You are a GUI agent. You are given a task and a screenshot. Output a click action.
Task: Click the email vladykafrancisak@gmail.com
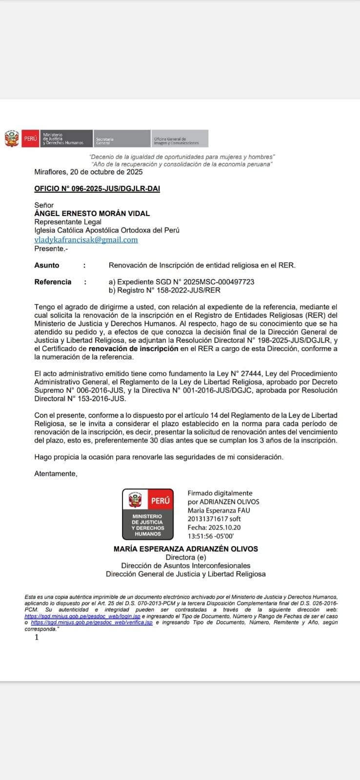click(x=86, y=240)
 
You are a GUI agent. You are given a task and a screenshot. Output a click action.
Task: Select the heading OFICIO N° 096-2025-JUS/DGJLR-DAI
click(x=97, y=189)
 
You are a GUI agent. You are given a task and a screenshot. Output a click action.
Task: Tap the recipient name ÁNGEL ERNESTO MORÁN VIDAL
click(x=92, y=214)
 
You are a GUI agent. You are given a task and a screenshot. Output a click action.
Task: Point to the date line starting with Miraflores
click(x=88, y=172)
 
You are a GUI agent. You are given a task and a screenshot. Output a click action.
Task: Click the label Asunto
click(x=47, y=265)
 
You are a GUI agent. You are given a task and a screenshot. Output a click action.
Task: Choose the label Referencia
click(x=53, y=282)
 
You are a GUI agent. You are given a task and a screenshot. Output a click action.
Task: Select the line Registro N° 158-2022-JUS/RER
click(x=164, y=291)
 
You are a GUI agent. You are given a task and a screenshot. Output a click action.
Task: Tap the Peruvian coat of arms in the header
click(x=12, y=138)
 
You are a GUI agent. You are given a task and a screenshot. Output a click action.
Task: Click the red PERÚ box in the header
click(x=30, y=138)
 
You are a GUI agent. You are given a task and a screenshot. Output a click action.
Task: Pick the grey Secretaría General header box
click(x=121, y=138)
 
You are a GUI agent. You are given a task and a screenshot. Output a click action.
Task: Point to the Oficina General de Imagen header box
click(x=180, y=138)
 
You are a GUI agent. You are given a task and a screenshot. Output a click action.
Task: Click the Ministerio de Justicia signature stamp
click(x=148, y=514)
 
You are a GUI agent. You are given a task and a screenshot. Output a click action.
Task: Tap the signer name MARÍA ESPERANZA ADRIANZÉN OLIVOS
click(x=186, y=549)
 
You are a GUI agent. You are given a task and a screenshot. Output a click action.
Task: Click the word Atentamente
click(x=56, y=474)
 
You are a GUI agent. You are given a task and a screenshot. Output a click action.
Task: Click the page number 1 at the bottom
click(x=37, y=637)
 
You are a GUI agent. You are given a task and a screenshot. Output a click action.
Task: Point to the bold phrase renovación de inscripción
click(x=133, y=349)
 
